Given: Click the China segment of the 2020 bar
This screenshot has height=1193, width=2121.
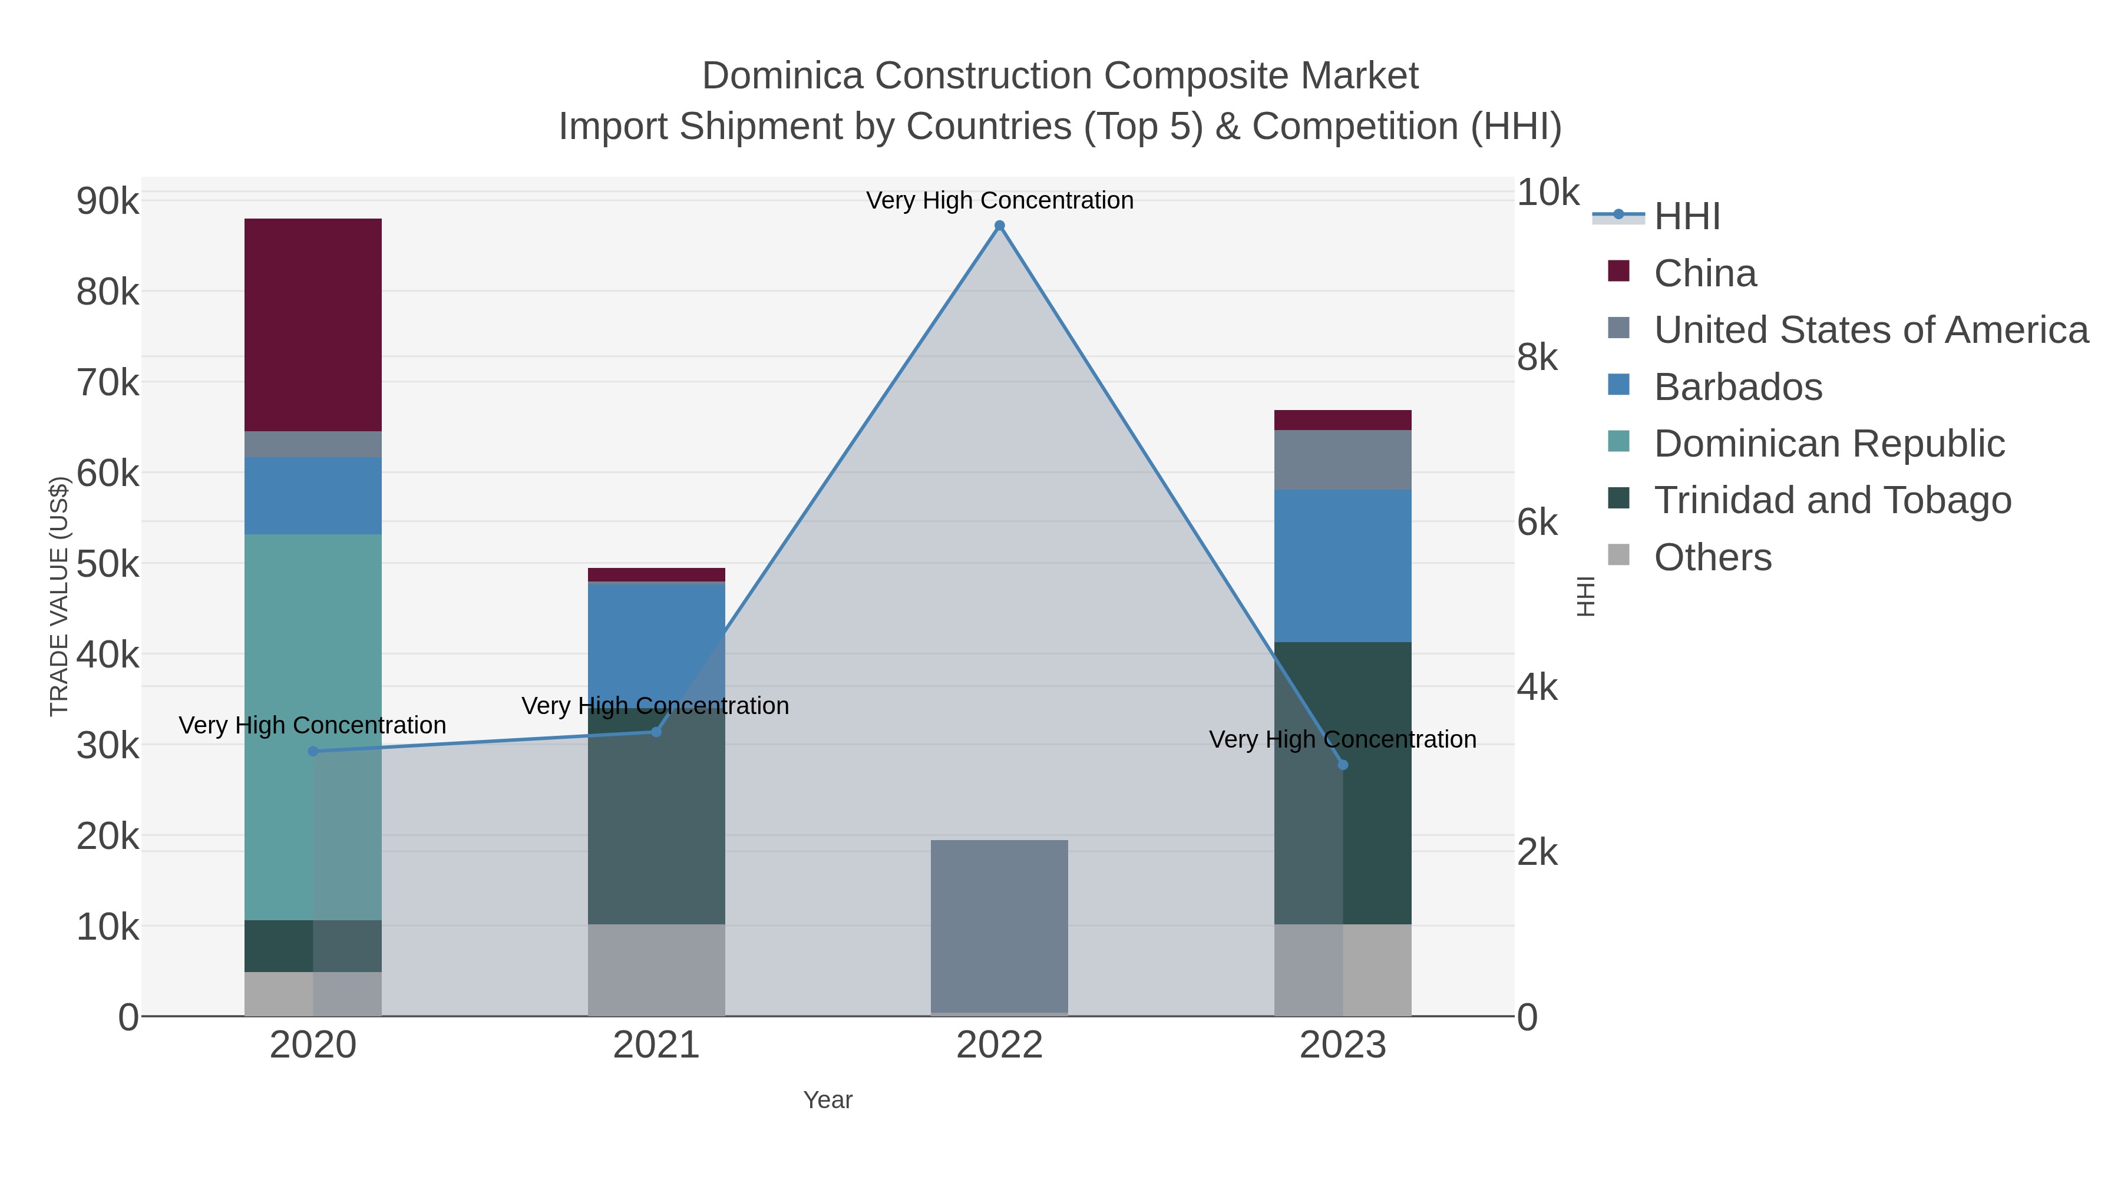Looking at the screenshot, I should pos(313,325).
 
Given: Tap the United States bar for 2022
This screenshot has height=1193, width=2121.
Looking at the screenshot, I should pos(999,926).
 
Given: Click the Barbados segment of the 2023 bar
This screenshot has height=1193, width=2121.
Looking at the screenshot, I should pos(1342,566).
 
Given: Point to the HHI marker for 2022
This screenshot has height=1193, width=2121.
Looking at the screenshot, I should pos(999,226).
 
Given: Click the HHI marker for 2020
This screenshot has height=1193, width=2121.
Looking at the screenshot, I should pos(313,751).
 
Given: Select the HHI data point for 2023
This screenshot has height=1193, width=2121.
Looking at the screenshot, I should pos(1343,765).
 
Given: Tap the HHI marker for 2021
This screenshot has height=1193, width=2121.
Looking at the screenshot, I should pos(656,732).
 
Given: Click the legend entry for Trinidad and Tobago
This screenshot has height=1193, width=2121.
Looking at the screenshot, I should pos(1832,501).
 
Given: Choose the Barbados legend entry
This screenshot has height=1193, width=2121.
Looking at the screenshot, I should pos(1737,387).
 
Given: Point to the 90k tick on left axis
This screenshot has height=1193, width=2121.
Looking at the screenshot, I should pos(108,201).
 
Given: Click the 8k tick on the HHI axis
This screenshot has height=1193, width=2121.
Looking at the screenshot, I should pos(1537,358).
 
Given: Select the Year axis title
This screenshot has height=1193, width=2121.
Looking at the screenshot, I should pos(828,1100).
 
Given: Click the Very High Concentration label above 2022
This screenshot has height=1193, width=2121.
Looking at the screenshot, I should pos(999,200).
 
